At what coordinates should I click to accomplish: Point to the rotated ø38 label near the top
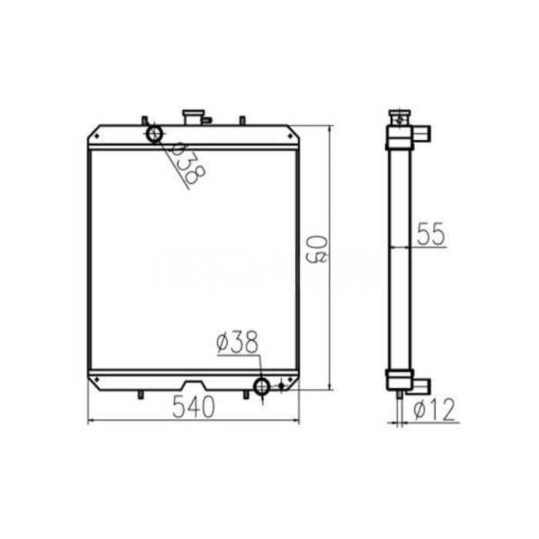pos(185,163)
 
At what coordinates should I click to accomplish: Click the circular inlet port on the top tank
pos(154,134)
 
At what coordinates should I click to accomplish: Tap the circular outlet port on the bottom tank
pos(263,386)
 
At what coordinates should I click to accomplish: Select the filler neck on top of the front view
pos(194,117)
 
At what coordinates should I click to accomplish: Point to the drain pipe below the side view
pos(399,397)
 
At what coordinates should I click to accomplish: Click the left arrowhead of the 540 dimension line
pos(92,420)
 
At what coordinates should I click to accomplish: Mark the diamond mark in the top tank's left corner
pos(95,138)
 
